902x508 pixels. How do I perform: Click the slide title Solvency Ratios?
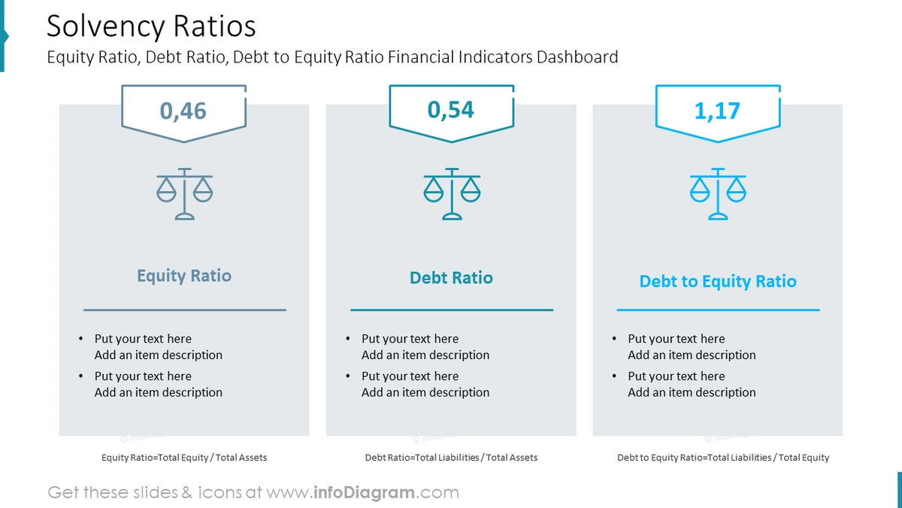coord(151,26)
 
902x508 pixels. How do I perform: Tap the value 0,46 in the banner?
coord(183,111)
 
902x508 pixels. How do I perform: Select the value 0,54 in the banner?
coord(451,110)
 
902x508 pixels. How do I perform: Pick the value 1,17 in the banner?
coord(717,111)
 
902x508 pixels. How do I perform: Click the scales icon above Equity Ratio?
coord(184,193)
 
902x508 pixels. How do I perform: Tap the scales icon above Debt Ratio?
coord(452,193)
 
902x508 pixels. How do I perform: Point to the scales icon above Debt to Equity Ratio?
coord(718,193)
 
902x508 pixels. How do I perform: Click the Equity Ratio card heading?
coord(184,275)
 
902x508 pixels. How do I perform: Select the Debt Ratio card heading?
coord(451,278)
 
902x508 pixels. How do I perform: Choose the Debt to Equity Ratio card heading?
coord(718,281)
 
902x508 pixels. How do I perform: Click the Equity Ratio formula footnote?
coord(184,458)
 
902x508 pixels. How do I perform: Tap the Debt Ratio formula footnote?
coord(451,458)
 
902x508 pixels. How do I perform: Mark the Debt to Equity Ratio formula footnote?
coord(723,458)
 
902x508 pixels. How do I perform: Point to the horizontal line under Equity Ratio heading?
coord(184,309)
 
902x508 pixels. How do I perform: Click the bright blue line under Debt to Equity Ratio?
coord(718,309)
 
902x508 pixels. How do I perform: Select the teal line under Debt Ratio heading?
coord(451,309)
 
